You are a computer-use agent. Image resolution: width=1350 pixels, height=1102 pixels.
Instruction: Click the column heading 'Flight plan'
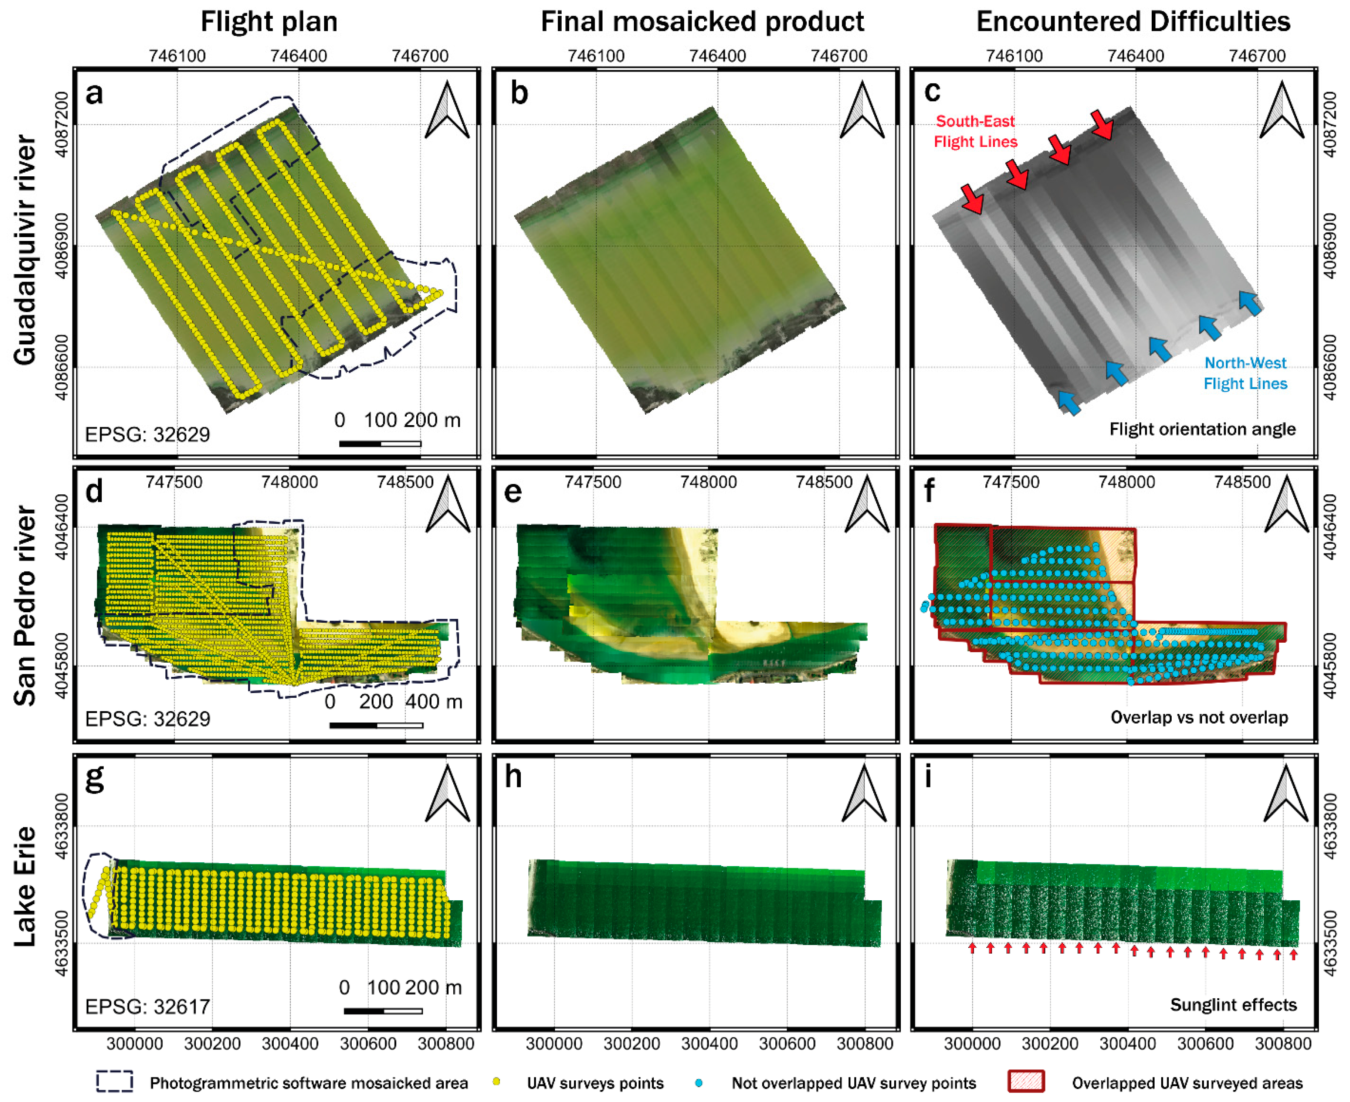[x=269, y=22]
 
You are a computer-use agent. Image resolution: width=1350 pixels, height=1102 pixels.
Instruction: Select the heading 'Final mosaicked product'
[x=702, y=22]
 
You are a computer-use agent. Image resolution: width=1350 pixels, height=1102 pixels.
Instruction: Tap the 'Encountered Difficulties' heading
[x=1133, y=22]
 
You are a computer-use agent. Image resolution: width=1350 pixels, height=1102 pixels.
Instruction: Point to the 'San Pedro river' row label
[x=25, y=605]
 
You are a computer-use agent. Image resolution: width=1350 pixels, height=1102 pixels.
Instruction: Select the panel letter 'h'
[x=513, y=776]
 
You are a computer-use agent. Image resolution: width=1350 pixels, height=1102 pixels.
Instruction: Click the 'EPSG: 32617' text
[x=147, y=1006]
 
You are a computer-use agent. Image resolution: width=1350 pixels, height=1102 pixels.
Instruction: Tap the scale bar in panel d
[x=376, y=725]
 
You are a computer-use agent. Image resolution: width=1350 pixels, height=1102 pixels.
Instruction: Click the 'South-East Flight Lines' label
[x=975, y=131]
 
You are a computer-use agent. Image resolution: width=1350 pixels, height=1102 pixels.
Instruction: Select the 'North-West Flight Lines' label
[x=1245, y=373]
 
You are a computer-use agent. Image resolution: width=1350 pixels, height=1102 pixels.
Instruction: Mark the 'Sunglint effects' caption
[x=1233, y=1005]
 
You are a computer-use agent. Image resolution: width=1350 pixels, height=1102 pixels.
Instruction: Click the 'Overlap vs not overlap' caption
[x=1199, y=717]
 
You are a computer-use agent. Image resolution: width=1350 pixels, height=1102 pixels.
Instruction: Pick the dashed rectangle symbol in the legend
[x=115, y=1081]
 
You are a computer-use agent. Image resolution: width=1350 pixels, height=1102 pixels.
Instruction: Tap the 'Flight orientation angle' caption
[x=1202, y=430]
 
